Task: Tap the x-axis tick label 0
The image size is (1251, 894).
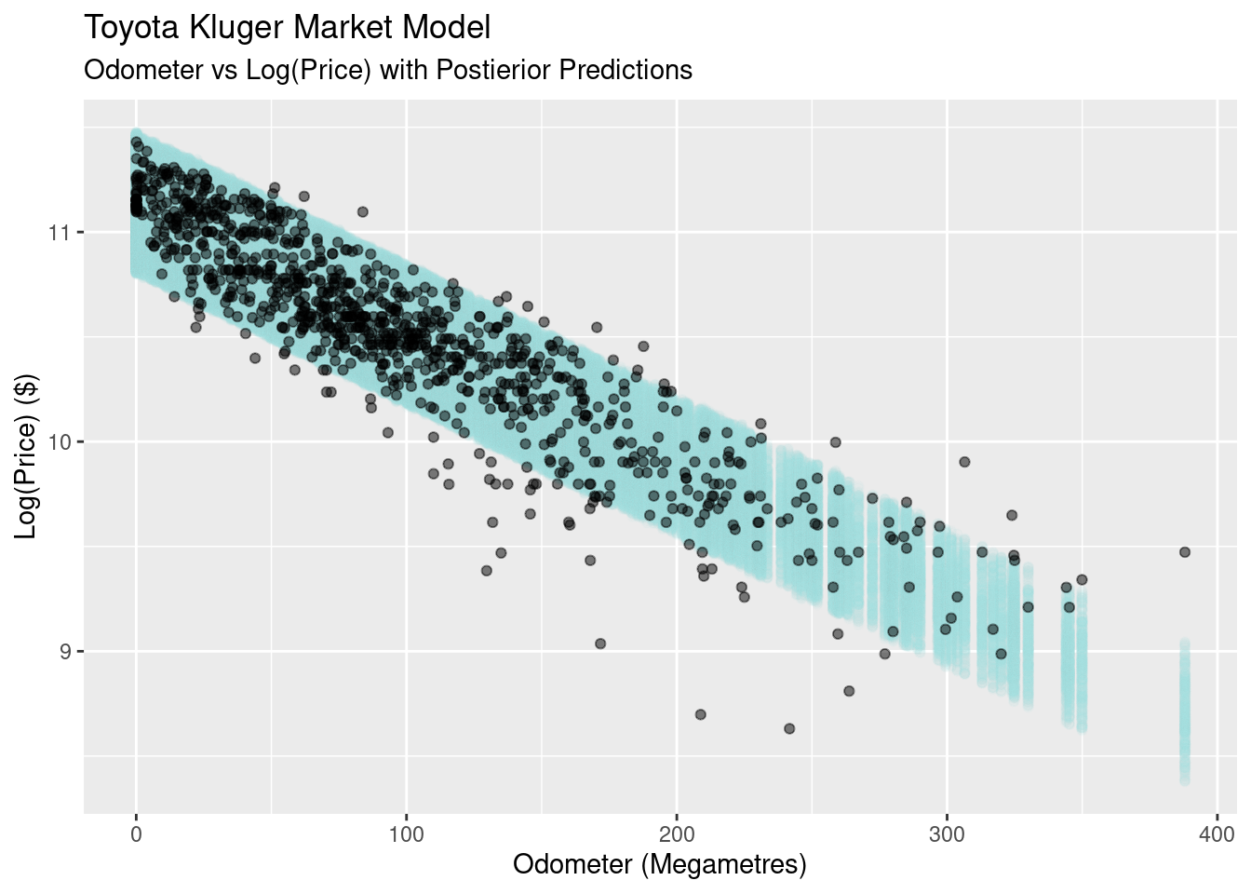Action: (x=137, y=833)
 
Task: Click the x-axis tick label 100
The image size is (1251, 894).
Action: (x=407, y=833)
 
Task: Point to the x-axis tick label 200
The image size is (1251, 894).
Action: (x=677, y=833)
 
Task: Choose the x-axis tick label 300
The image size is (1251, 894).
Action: (x=947, y=833)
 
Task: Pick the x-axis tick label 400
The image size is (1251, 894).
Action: (x=1217, y=833)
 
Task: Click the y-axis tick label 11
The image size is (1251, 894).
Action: (x=58, y=232)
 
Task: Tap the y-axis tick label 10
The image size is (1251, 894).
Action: (x=58, y=441)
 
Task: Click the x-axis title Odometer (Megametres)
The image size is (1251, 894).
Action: (x=659, y=864)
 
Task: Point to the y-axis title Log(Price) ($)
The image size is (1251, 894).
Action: (x=27, y=456)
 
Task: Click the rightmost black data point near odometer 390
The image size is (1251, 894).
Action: (x=1185, y=552)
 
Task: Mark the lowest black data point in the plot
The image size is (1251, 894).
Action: (x=789, y=728)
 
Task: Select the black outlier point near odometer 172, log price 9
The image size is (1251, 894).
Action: (x=600, y=643)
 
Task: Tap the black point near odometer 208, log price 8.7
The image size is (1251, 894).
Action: (x=701, y=714)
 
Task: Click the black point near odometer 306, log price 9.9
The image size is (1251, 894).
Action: (x=964, y=462)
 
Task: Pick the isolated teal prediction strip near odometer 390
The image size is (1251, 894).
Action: (x=1185, y=712)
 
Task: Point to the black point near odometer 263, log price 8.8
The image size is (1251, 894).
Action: (x=849, y=691)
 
